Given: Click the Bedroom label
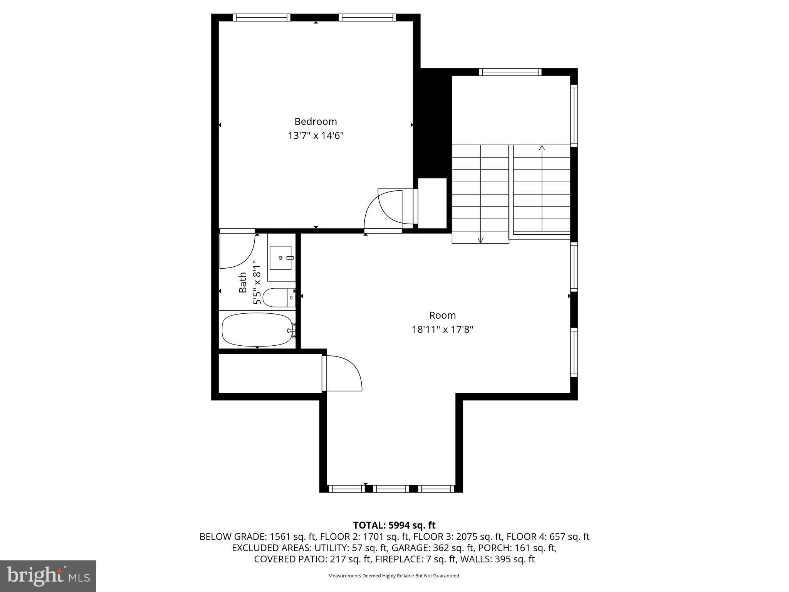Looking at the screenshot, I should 316,121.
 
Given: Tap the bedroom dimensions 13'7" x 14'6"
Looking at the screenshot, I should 316,136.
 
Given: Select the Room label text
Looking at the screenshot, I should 442,315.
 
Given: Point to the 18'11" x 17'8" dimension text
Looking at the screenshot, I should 442,330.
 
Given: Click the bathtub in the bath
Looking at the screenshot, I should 257,330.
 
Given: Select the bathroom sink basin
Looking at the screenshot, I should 280,258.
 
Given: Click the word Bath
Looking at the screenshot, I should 243,283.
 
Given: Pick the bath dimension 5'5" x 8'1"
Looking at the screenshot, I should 257,283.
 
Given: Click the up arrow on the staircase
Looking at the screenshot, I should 542,148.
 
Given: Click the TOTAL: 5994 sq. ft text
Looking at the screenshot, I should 394,525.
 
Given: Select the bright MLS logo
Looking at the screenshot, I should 48,576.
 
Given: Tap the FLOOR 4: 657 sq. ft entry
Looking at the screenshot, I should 547,536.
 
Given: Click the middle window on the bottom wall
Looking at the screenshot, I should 391,489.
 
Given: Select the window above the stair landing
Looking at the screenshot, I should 510,72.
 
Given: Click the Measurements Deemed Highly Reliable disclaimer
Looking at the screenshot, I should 394,576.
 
